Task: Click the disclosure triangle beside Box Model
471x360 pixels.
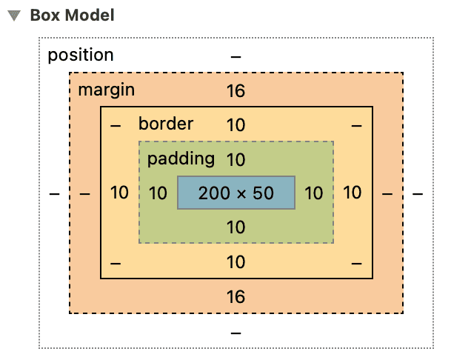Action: (x=14, y=16)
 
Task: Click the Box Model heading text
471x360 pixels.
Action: (x=72, y=16)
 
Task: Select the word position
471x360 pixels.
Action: (x=81, y=56)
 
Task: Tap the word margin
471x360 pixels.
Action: (x=107, y=90)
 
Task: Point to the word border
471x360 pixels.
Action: (x=165, y=124)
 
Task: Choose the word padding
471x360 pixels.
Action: (x=181, y=159)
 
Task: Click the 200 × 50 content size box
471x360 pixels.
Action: (x=236, y=193)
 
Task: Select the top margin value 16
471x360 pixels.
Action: (x=235, y=91)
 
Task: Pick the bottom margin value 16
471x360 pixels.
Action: (x=235, y=297)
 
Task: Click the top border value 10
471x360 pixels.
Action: (x=235, y=125)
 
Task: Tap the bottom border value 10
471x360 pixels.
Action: (x=235, y=262)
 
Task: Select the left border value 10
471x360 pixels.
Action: (x=119, y=193)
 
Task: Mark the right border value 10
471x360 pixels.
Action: (x=353, y=193)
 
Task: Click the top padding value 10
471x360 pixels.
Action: (x=235, y=159)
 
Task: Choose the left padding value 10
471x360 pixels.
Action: (x=158, y=193)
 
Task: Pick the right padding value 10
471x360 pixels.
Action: (x=314, y=193)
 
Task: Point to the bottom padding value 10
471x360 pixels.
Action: (x=235, y=227)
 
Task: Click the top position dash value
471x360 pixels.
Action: (x=235, y=56)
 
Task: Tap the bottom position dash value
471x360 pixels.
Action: (x=235, y=333)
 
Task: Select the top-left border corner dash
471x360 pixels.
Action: (x=115, y=125)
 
